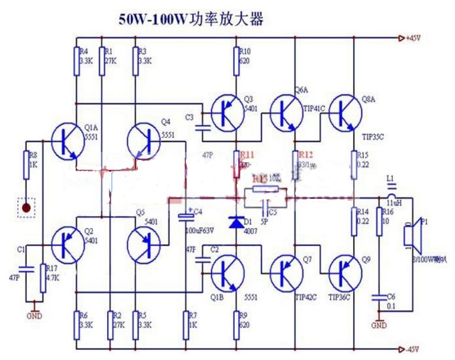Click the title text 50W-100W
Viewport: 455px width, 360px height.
coord(153,20)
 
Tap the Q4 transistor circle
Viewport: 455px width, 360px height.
coord(144,142)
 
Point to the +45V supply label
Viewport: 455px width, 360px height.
coord(414,38)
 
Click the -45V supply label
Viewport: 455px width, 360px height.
coord(414,348)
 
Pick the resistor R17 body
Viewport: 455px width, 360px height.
coord(42,278)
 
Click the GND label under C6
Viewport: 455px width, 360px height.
coord(379,326)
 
